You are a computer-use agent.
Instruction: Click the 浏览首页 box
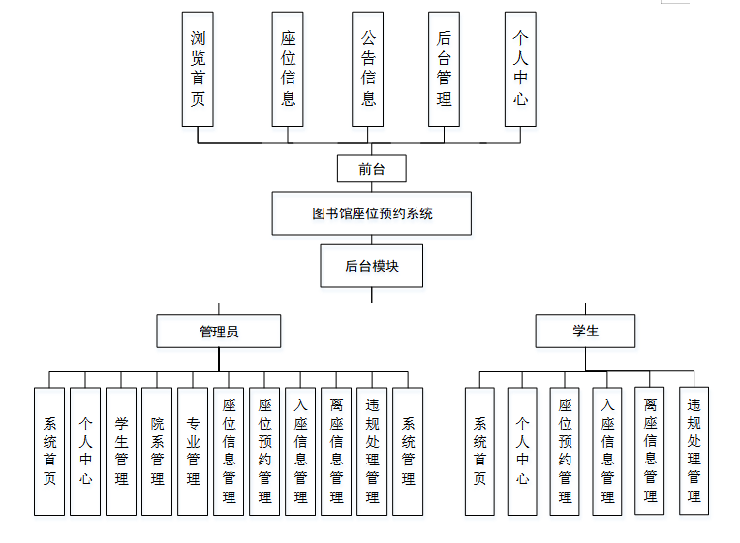coord(198,69)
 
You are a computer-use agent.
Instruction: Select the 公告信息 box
coord(368,69)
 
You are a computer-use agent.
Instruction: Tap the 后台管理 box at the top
coord(444,69)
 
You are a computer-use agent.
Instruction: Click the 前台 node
coord(371,169)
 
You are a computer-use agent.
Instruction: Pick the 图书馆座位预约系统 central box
coord(372,213)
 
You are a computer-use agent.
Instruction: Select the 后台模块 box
coord(372,266)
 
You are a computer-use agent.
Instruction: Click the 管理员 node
coord(219,331)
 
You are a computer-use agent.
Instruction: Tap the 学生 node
coord(585,331)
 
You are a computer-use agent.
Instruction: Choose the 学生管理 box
coord(121,451)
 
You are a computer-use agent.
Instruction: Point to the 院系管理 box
coord(157,451)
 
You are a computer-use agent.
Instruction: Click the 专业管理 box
coord(193,451)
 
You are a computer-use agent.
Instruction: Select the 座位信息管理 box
coord(229,451)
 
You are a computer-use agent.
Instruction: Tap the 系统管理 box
coord(408,451)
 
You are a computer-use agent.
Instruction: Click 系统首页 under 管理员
coord(49,451)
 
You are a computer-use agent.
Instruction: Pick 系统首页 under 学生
coord(479,451)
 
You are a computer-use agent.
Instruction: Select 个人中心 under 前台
coord(520,69)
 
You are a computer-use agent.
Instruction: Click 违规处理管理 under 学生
coord(694,451)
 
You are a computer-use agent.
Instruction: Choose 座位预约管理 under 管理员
coord(264,451)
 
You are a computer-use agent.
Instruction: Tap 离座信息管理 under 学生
coord(651,451)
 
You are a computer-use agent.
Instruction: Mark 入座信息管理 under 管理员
coord(300,451)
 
